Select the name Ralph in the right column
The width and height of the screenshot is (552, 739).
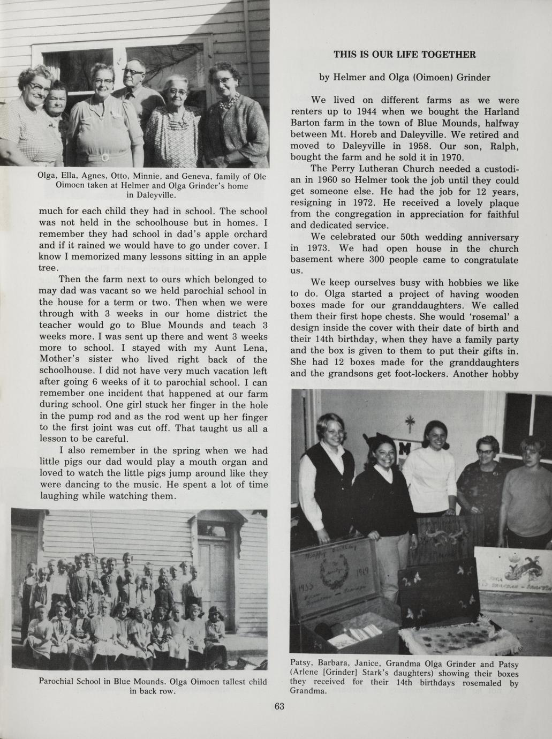coord(502,146)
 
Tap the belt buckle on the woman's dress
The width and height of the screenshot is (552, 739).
coord(105,157)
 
